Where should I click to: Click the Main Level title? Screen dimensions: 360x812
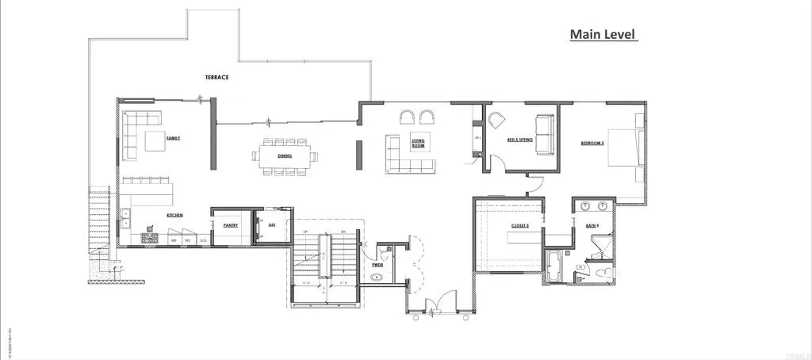603,35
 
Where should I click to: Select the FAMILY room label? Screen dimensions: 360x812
173,138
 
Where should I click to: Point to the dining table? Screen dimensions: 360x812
285,155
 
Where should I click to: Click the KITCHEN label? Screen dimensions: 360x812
175,215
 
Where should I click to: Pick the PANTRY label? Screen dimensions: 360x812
231,225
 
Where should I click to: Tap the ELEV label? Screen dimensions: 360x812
271,225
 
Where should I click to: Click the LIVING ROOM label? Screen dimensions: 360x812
418,144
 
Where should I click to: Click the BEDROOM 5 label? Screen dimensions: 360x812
592,144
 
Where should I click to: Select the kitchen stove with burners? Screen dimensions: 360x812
149,237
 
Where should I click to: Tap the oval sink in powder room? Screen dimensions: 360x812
376,278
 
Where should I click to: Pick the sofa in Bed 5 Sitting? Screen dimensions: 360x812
544,134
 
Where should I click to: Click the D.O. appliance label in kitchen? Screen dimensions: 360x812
203,239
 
